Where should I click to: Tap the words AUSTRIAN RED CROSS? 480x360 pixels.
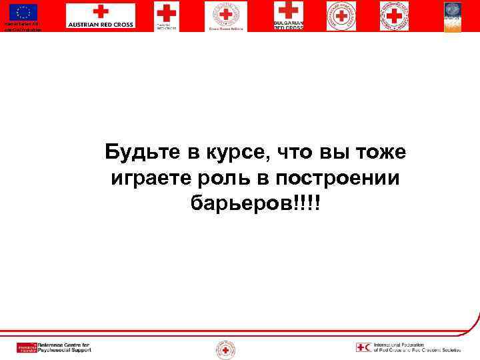point(100,25)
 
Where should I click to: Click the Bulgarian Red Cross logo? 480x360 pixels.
point(288,15)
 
